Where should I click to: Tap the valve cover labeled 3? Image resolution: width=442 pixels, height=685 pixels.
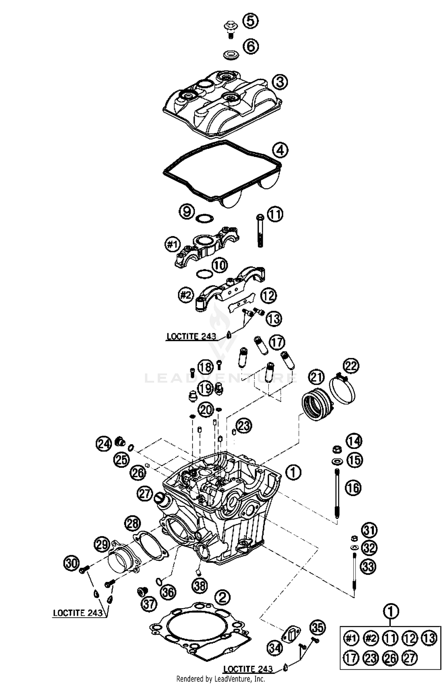coord(222,105)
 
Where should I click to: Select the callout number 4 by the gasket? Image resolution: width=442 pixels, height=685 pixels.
coord(280,150)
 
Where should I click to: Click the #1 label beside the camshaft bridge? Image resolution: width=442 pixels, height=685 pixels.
coord(173,245)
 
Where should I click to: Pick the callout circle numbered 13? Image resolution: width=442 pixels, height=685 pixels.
coord(274,319)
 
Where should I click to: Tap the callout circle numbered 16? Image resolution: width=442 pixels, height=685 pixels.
coord(353,488)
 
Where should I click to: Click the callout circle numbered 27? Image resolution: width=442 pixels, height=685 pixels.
coord(144,494)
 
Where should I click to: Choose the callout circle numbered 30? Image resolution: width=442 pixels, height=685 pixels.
coord(72,563)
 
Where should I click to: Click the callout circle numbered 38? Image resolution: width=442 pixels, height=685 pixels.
coord(200,586)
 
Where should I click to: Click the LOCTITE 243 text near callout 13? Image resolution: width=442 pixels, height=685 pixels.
coord(191,336)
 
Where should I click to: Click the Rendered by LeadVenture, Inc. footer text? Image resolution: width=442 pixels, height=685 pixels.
coord(220,679)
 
